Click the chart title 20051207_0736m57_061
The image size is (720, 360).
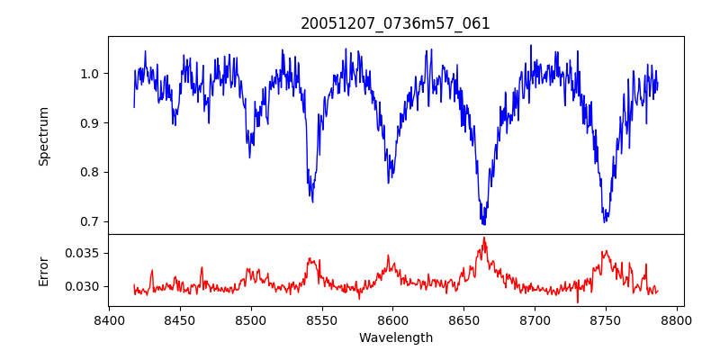pos(395,23)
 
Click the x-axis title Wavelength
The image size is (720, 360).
pos(395,338)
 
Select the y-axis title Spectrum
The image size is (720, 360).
pos(44,136)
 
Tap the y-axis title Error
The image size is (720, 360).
pos(44,270)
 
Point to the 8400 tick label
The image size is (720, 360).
pos(109,319)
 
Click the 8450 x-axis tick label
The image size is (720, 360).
pos(180,319)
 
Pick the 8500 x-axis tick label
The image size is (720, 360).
pos(250,319)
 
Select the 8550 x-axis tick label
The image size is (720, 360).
pos(321,319)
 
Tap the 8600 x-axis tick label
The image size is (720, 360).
pos(392,319)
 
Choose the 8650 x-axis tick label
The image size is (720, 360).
pos(463,319)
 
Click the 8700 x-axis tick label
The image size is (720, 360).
pos(535,319)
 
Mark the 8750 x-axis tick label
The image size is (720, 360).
pos(606,319)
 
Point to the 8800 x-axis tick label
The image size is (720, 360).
pos(677,319)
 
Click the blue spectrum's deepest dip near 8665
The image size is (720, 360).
pos(483,223)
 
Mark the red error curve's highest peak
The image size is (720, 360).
pos(483,238)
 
